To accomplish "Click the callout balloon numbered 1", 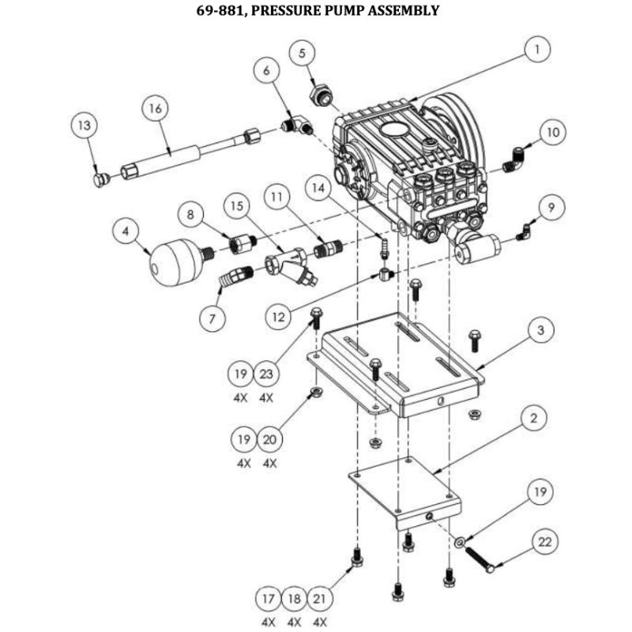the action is point(537,50).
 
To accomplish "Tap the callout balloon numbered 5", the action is point(302,53).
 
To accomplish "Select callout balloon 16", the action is point(155,108).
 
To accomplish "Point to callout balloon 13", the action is point(85,126).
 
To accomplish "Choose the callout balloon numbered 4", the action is point(126,231).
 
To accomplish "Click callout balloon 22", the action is point(544,542).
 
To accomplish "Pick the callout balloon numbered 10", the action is point(553,133).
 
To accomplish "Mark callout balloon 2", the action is point(534,419).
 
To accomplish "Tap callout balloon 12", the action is point(278,318).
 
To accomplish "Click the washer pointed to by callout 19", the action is point(460,542).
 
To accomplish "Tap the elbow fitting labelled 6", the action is point(298,126).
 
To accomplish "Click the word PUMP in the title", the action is point(341,10).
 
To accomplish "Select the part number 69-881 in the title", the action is point(221,10).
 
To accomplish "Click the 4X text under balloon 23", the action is point(266,398).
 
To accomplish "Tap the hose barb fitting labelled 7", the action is point(235,276).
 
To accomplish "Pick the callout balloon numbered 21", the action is point(320,599).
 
